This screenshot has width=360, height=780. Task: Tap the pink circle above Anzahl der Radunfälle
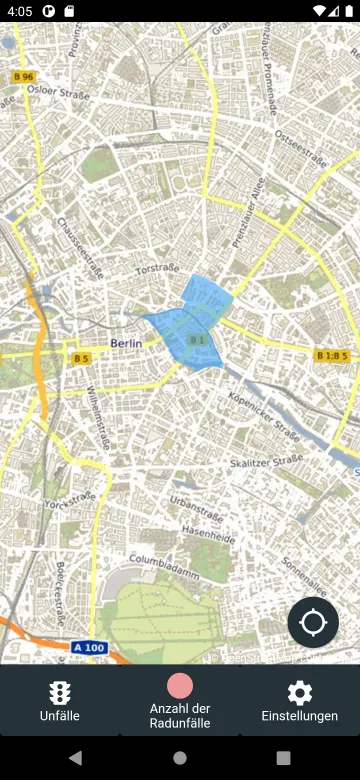tap(180, 685)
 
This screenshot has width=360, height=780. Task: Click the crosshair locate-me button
tap(313, 622)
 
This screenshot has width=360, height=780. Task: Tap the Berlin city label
tap(126, 343)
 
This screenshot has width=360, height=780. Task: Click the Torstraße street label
tap(156, 269)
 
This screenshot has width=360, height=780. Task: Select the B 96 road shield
tap(24, 77)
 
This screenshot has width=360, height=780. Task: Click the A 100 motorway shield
tap(89, 647)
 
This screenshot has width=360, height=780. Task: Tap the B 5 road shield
tap(80, 358)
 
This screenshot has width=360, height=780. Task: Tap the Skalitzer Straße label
tap(267, 461)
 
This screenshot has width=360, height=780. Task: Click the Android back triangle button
tap(75, 758)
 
